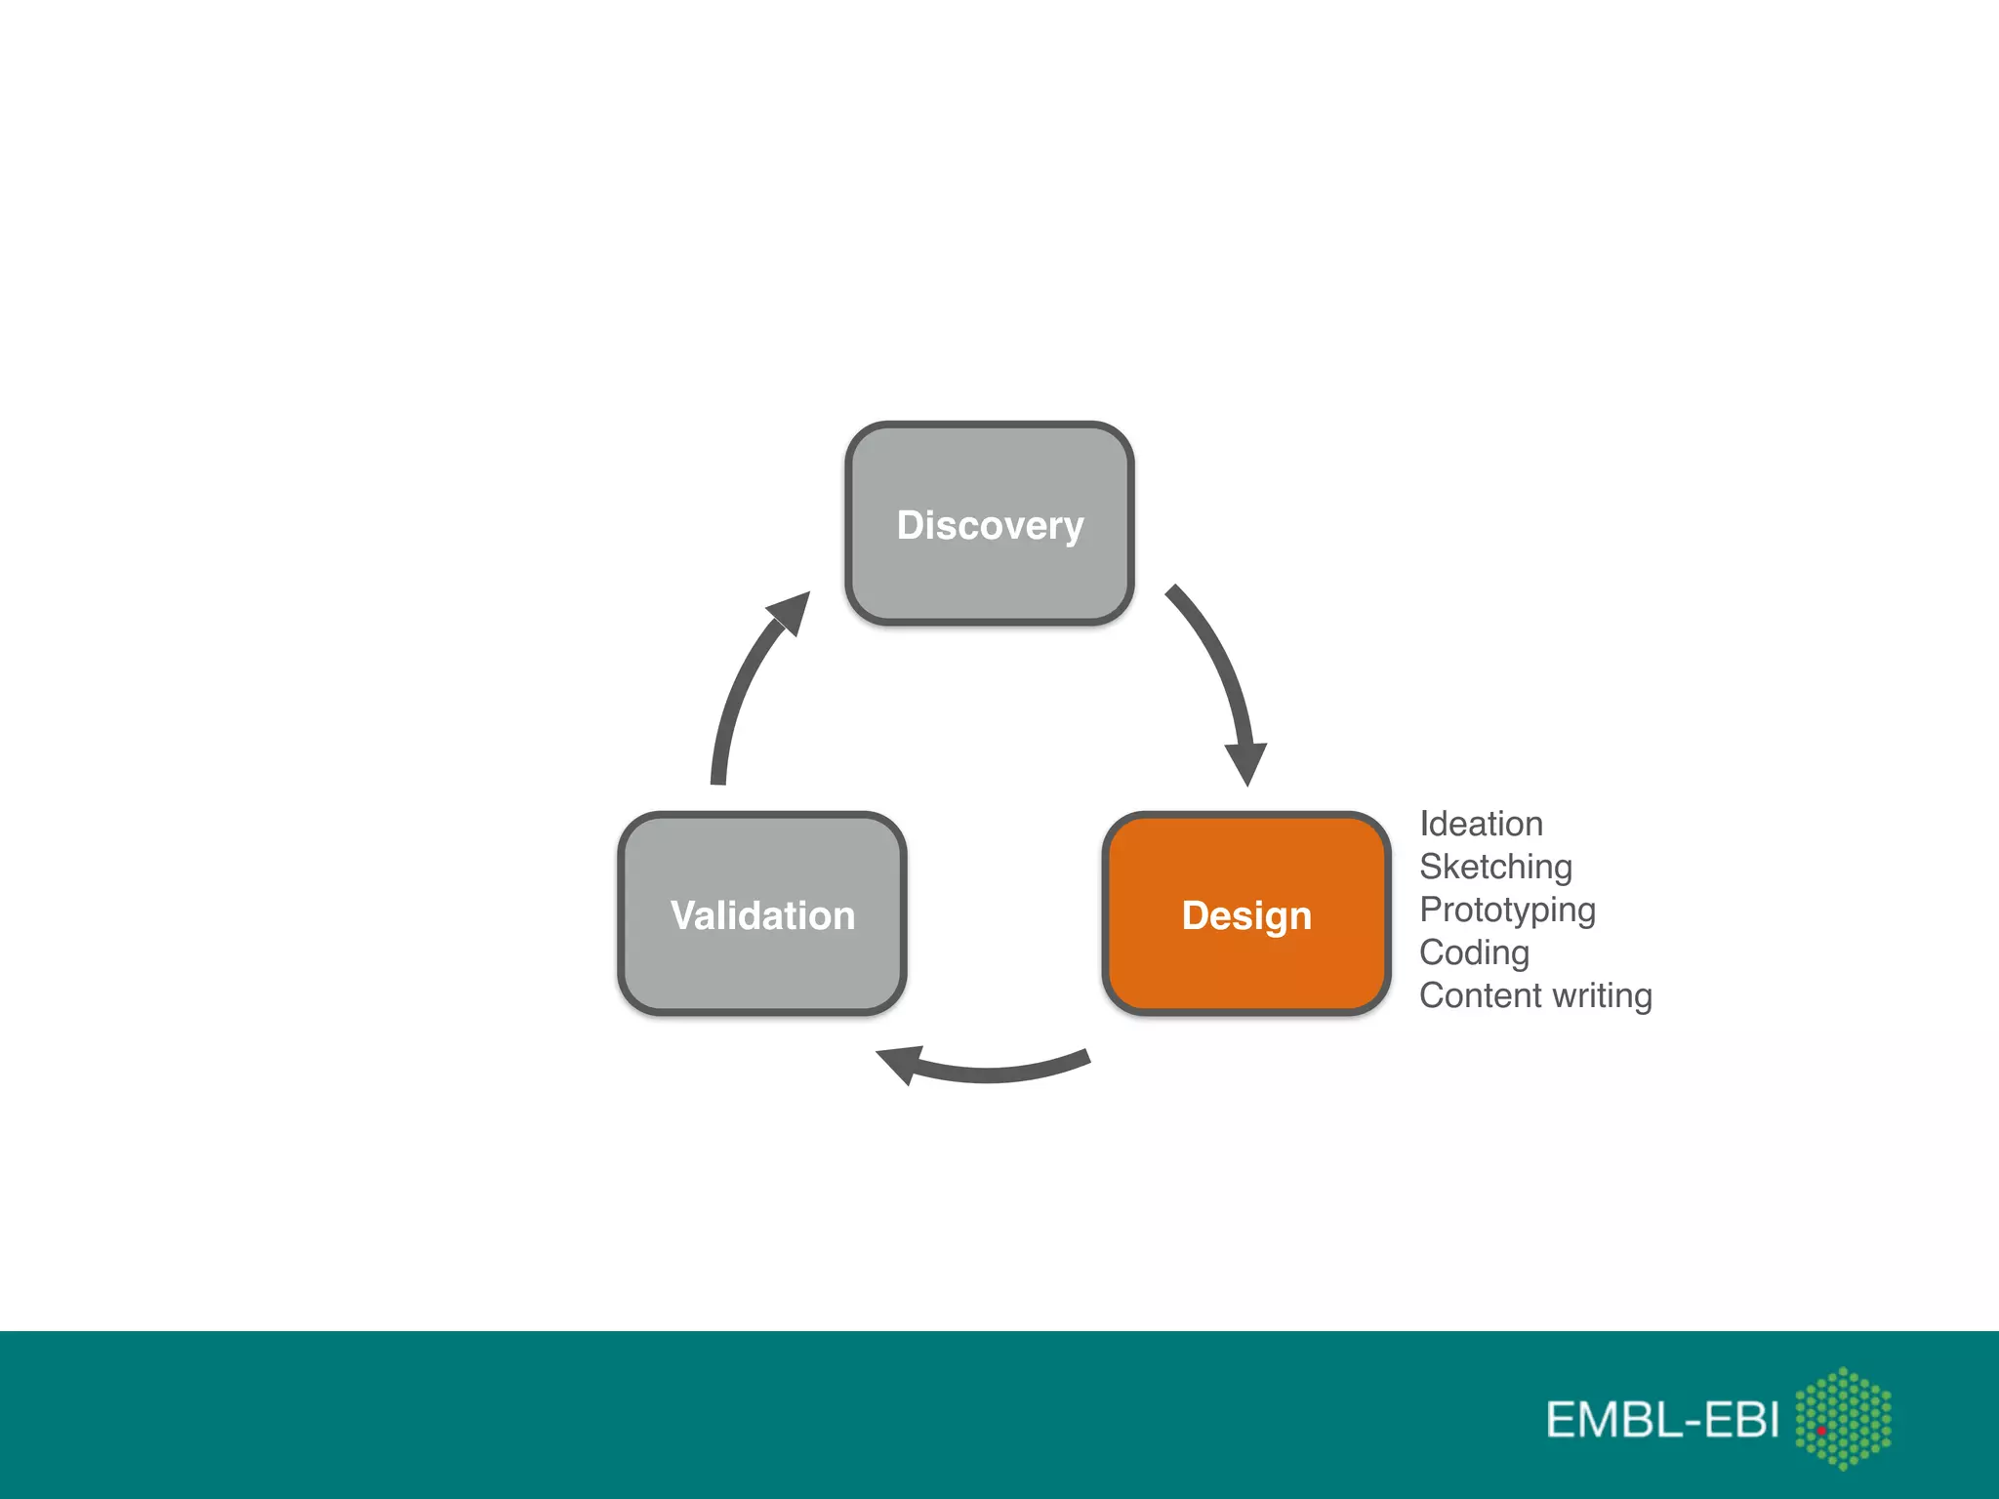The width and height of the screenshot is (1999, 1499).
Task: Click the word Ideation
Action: pyautogui.click(x=1481, y=825)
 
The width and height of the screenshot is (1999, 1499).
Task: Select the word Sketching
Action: pyautogui.click(x=1495, y=868)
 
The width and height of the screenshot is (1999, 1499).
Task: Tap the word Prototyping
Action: pyautogui.click(x=1507, y=911)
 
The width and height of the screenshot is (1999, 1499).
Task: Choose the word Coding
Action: pyautogui.click(x=1474, y=953)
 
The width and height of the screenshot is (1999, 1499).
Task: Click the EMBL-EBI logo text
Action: pyautogui.click(x=1662, y=1420)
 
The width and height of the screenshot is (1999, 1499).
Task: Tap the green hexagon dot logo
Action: pyautogui.click(x=1843, y=1417)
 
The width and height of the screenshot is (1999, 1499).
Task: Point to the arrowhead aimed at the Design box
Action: pyautogui.click(x=1246, y=762)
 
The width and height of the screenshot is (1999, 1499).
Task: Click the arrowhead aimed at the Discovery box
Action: pyautogui.click(x=792, y=612)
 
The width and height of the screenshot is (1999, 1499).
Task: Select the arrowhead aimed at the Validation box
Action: pyautogui.click(x=900, y=1063)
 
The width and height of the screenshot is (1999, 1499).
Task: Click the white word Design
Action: pyautogui.click(x=1246, y=916)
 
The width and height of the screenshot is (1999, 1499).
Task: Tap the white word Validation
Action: pyautogui.click(x=762, y=916)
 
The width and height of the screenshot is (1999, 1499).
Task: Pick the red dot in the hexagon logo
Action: pyautogui.click(x=1821, y=1431)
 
